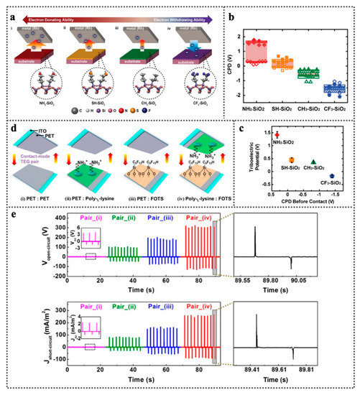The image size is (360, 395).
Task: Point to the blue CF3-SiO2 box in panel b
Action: click(335, 88)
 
